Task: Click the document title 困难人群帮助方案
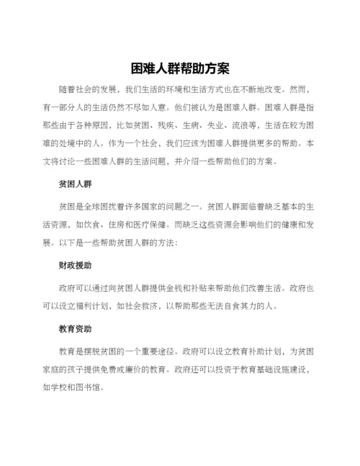pos(180,69)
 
